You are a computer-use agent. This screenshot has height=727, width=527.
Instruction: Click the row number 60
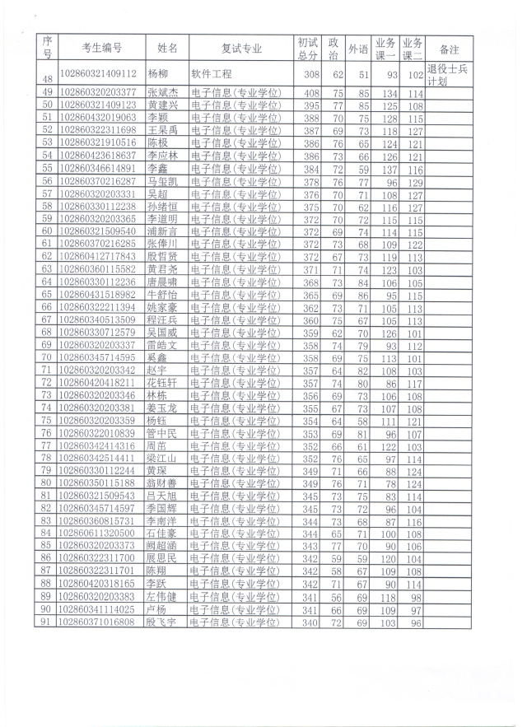point(47,231)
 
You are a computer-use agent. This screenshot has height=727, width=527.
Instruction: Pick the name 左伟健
point(161,597)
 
